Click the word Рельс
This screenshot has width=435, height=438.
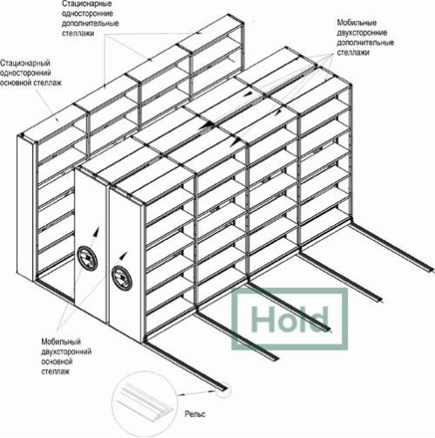coord(195,414)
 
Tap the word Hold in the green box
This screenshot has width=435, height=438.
coord(289,319)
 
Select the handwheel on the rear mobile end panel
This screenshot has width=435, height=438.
coord(87,257)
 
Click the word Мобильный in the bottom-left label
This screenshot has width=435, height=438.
coord(61,341)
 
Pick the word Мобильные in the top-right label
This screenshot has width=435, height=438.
coord(357,23)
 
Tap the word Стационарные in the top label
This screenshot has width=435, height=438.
coord(83,4)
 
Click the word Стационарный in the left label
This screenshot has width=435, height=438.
coord(25,63)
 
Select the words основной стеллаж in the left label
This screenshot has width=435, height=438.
coord(31,83)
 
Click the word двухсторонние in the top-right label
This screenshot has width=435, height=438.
coord(362,32)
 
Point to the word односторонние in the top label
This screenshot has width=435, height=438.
coord(87,14)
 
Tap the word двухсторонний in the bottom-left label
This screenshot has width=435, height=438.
coord(66,352)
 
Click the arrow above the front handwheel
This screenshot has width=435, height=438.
coord(123,256)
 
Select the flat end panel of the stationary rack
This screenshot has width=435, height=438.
coord(25,209)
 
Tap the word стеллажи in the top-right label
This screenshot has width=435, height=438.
coord(353,52)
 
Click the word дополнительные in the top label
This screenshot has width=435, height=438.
coord(90,24)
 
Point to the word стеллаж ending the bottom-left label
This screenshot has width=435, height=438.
coord(55,372)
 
